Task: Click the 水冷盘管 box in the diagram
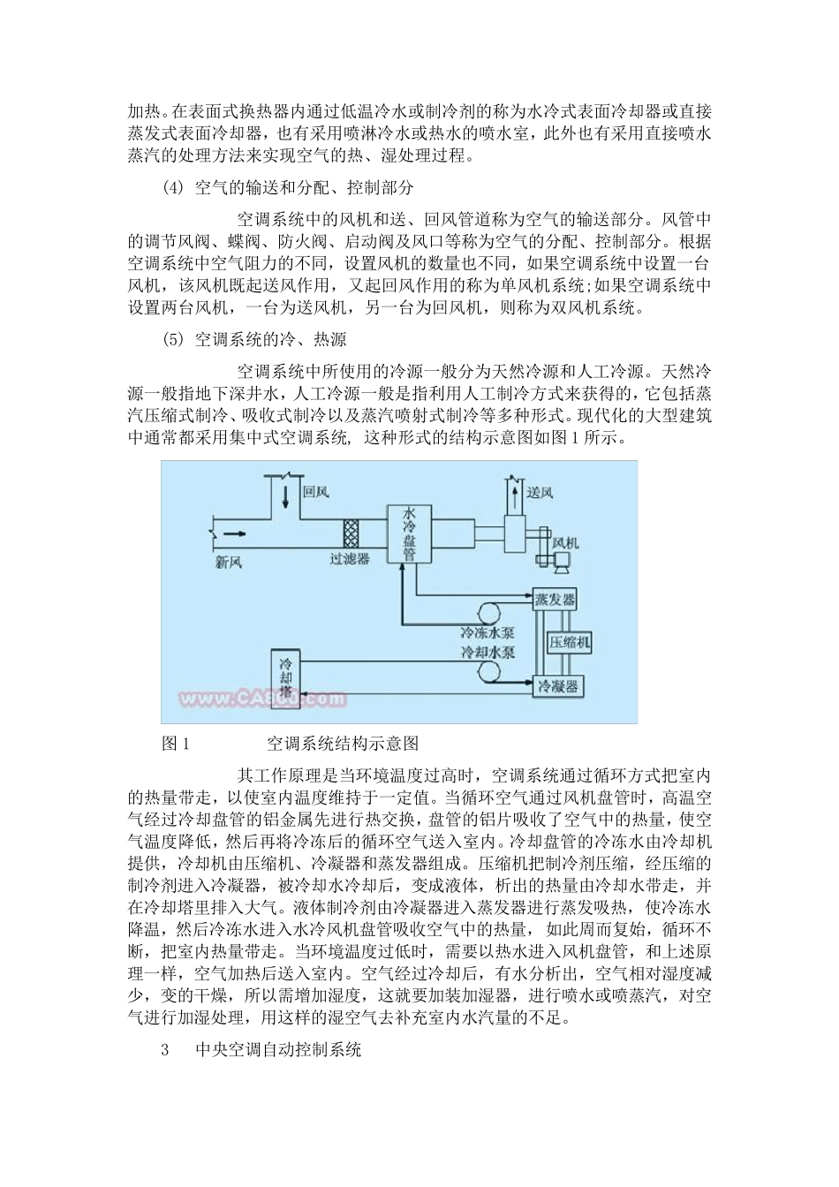pos(410,534)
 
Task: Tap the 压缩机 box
pos(571,642)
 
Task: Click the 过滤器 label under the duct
pos(350,559)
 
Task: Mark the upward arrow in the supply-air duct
pos(510,488)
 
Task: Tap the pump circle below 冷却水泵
pos(487,675)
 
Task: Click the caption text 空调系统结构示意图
pos(342,744)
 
